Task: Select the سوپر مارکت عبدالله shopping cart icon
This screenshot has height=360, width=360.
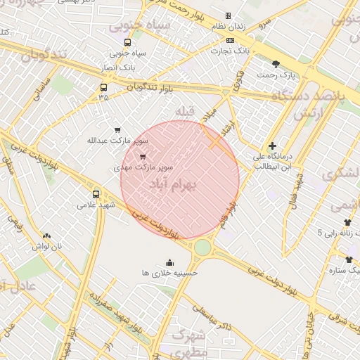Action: pyautogui.click(x=117, y=129)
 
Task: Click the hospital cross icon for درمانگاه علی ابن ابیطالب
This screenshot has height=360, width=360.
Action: pyautogui.click(x=273, y=146)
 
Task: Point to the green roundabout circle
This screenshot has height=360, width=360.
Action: pyautogui.click(x=202, y=247)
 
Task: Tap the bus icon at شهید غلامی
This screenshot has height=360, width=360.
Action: pyautogui.click(x=96, y=194)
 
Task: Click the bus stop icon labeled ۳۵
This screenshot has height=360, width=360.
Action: pyautogui.click(x=104, y=88)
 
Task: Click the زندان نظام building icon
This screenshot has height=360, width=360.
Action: pyautogui.click(x=227, y=15)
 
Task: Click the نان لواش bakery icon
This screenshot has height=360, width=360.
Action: pyautogui.click(x=46, y=236)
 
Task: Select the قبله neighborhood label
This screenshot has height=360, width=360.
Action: pyautogui.click(x=184, y=112)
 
